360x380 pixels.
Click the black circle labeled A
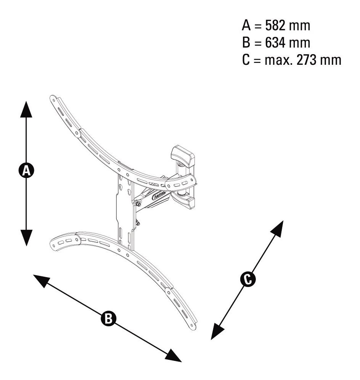(x=26, y=170)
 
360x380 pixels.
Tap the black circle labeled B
(x=108, y=318)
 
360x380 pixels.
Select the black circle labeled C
(x=248, y=279)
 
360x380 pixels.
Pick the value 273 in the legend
(x=307, y=60)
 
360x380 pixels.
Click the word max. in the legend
(x=278, y=61)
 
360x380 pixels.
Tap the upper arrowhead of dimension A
(x=26, y=109)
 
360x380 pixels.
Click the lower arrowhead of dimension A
(x=26, y=238)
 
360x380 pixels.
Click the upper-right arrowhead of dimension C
(x=278, y=229)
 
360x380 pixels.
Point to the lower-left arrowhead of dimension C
(x=217, y=331)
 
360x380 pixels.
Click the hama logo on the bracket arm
(x=159, y=195)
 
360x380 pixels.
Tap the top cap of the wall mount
(x=183, y=156)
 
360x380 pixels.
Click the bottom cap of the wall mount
(x=185, y=202)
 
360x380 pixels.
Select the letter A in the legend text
(x=246, y=25)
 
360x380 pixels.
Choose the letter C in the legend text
(x=246, y=60)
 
